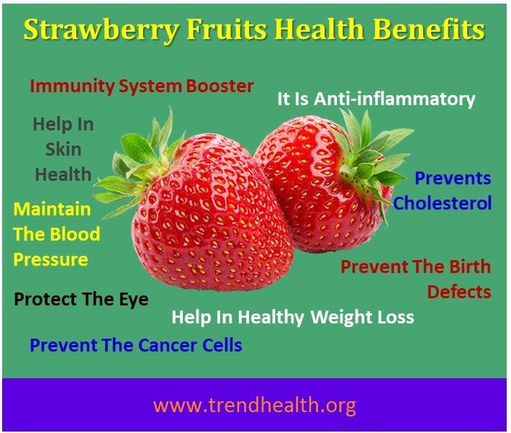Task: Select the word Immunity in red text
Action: (x=72, y=86)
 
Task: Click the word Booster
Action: (x=220, y=86)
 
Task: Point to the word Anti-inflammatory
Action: (x=394, y=99)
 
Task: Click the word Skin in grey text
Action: (x=63, y=149)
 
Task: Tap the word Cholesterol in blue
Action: (x=442, y=203)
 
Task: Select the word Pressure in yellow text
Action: (x=51, y=260)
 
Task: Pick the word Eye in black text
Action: (x=134, y=300)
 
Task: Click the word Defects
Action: (x=459, y=292)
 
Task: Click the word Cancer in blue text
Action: (x=167, y=345)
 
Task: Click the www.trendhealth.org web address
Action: (x=255, y=406)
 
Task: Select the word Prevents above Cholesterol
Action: (x=453, y=178)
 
